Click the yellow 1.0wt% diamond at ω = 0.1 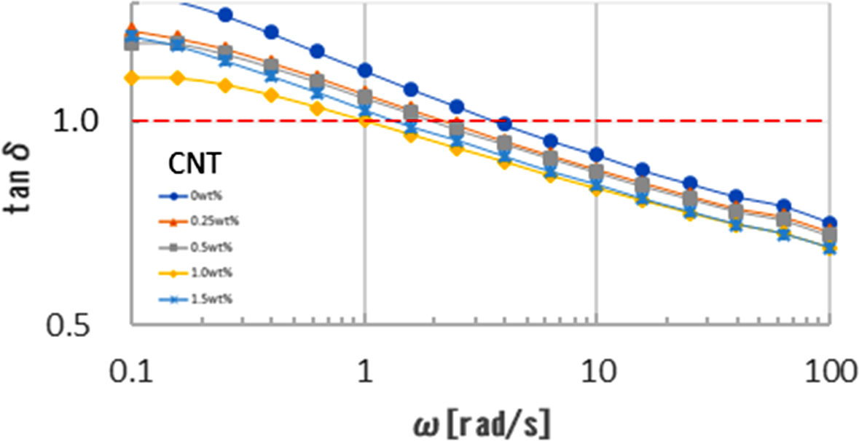132,77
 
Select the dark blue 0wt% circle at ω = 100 829,223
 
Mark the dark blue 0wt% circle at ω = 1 365,71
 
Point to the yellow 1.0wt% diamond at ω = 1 365,120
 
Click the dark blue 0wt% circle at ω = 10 597,154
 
